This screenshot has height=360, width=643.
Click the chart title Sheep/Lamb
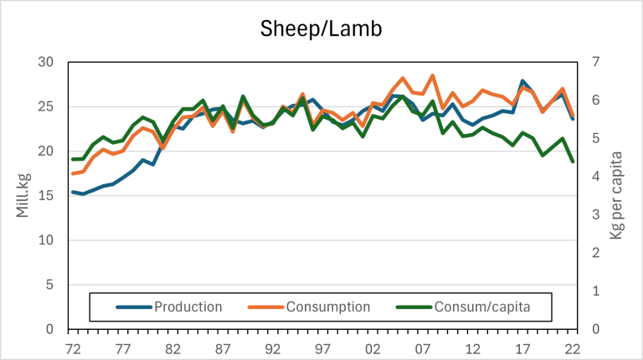[x=321, y=30]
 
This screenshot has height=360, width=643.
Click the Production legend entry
[x=188, y=306]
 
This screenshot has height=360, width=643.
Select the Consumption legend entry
[x=328, y=306]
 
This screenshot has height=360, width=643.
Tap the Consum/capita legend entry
[x=481, y=306]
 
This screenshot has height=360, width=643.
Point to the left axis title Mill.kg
[x=23, y=195]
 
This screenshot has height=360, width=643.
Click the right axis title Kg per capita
[x=616, y=195]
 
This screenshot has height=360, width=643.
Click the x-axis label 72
[x=73, y=345]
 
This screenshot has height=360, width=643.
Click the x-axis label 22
[x=573, y=345]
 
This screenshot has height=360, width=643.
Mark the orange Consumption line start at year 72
[x=73, y=174]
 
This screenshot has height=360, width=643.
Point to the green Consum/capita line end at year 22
[x=573, y=162]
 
